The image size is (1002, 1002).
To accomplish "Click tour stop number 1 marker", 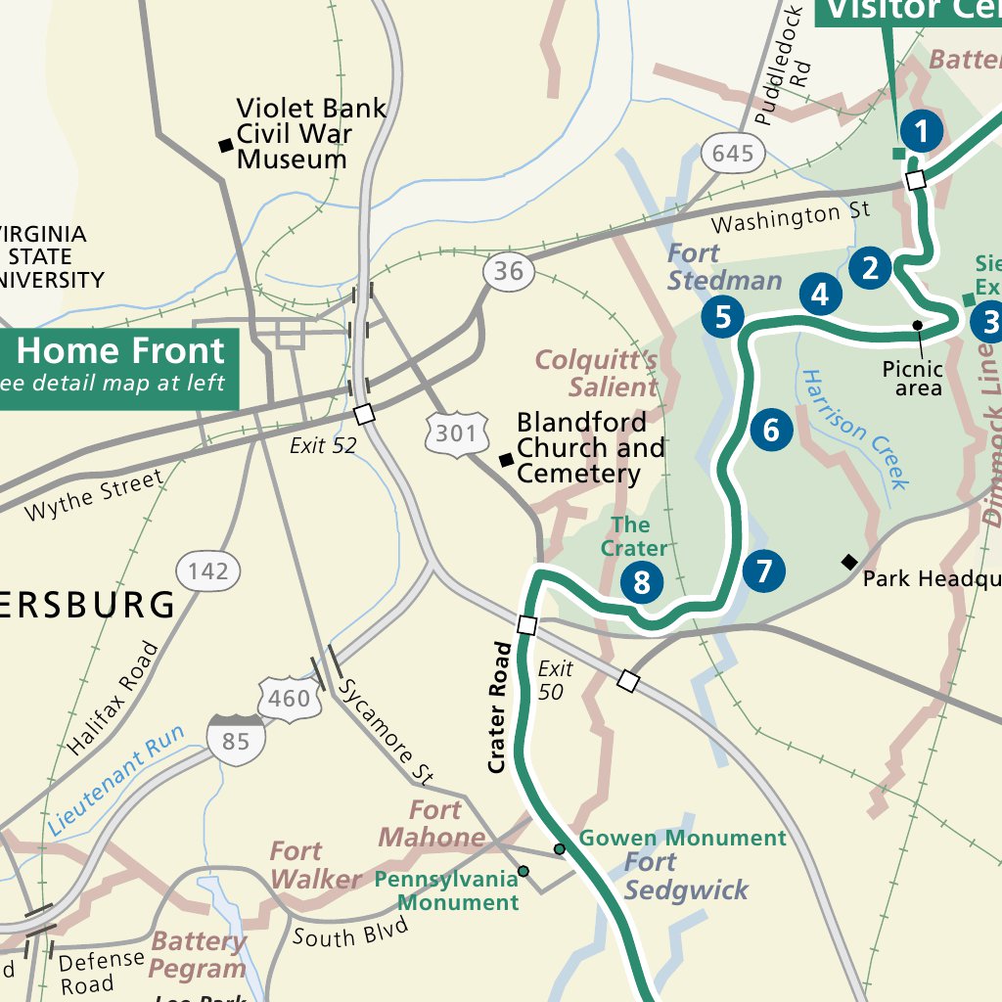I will point(921,130).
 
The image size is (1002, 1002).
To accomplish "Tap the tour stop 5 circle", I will point(723,317).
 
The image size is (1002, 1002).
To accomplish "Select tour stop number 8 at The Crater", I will point(641,583).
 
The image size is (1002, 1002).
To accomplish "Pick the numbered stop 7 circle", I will point(763,569).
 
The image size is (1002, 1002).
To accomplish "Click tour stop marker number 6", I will point(771,430).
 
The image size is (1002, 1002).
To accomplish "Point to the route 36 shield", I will point(508,271).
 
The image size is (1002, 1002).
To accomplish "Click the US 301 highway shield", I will point(456,432).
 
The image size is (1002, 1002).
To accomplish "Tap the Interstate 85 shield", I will point(236,740).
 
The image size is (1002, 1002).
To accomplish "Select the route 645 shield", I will point(733,153).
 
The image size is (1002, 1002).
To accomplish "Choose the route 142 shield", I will point(208,570).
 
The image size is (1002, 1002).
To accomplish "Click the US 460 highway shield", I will point(290,699).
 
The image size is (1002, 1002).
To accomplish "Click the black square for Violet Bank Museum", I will point(226,146).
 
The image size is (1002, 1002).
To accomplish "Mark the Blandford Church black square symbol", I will point(506,460).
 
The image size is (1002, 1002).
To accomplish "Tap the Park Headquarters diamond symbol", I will point(849,562).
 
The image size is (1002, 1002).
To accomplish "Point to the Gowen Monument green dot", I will point(560,848).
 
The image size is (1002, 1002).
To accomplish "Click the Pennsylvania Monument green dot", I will point(524,871).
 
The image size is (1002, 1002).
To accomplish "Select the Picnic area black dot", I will point(918,325).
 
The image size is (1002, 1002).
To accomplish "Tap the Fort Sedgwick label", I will point(685,877).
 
